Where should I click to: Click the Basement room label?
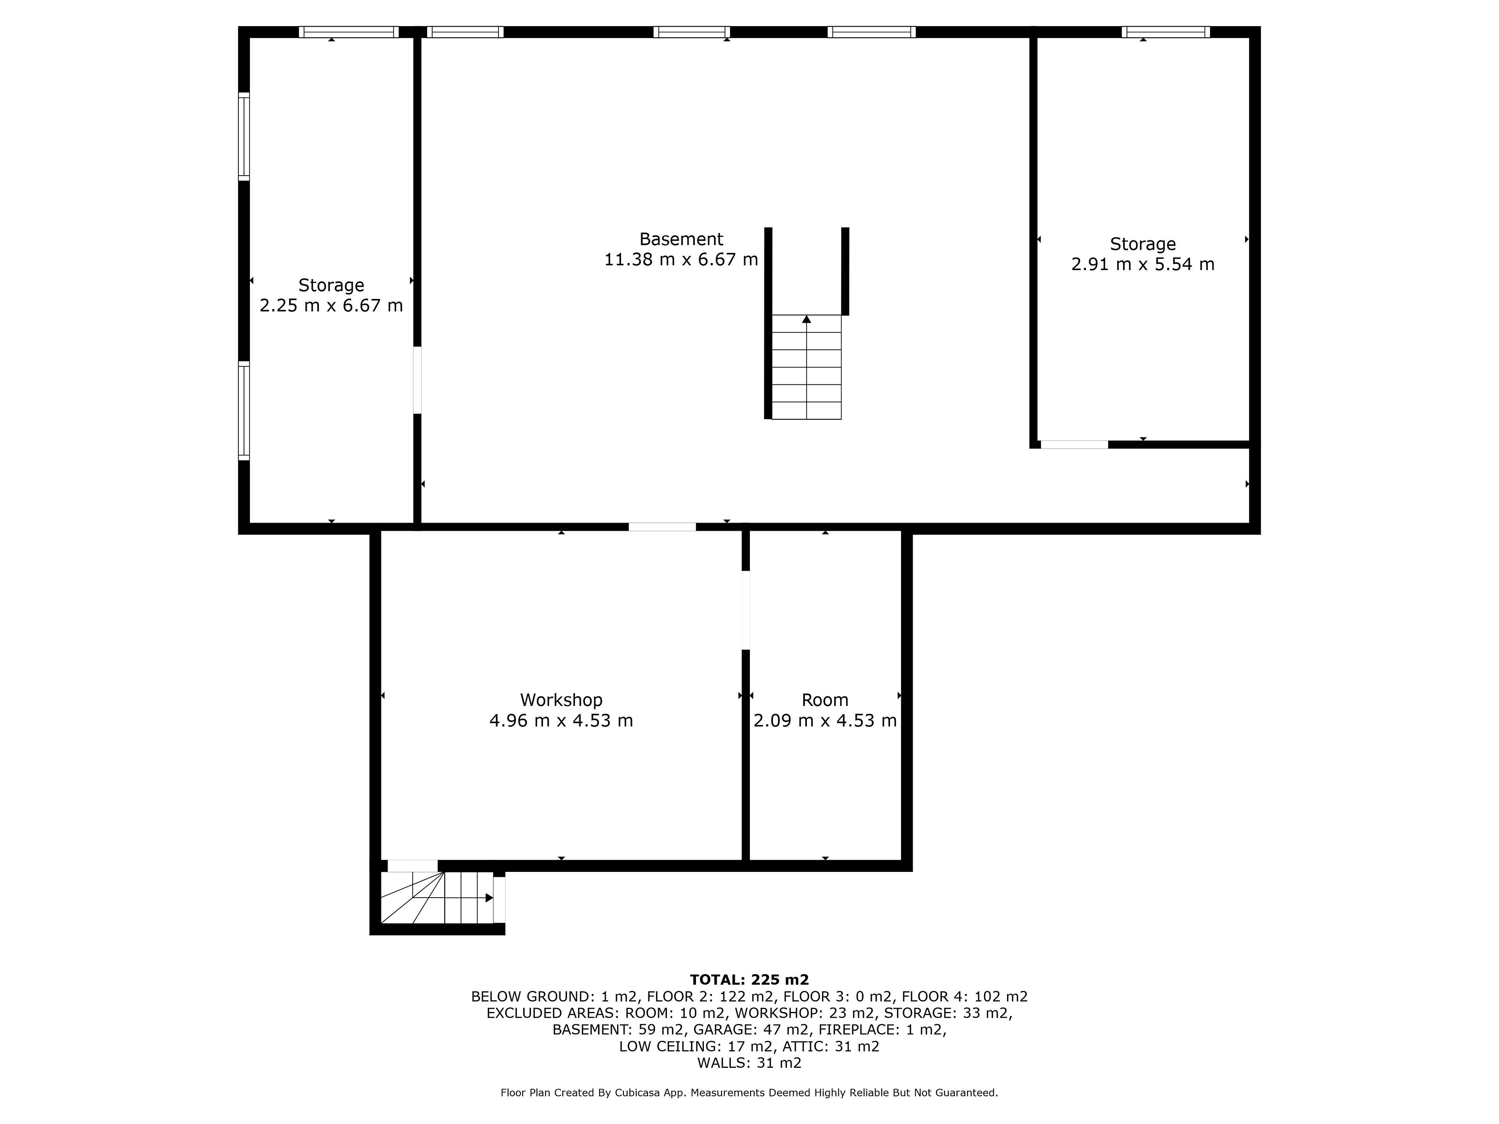point(681,239)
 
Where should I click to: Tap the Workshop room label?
point(561,700)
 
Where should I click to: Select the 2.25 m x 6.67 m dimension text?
point(331,306)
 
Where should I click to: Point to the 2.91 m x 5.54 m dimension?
point(1143,264)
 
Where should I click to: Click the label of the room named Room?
point(825,700)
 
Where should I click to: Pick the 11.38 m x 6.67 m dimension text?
point(681,260)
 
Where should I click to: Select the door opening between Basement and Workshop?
point(662,527)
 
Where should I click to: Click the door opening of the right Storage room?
point(1074,445)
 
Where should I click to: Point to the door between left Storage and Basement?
point(417,380)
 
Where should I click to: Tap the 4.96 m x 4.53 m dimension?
point(561,720)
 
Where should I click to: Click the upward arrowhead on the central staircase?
point(806,319)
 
